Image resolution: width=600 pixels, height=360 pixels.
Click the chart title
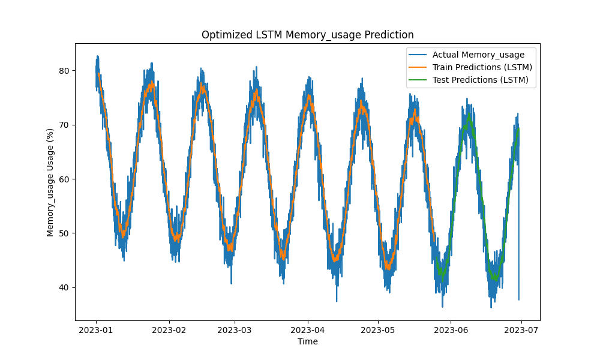pos(307,35)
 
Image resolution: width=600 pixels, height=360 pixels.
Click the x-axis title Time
pos(307,341)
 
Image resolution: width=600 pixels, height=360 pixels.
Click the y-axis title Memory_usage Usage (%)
pos(50,182)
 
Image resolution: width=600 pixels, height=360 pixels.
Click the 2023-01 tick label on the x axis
pos(96,329)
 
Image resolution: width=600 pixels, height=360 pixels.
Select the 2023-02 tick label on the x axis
pos(169,329)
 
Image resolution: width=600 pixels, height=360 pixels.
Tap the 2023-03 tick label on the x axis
pos(235,329)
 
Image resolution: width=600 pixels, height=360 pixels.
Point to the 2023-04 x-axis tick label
pos(308,329)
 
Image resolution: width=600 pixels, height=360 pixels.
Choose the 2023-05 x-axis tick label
pos(379,329)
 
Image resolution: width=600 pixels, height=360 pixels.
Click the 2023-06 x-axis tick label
pos(451,329)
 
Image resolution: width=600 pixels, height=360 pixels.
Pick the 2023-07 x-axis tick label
pos(521,329)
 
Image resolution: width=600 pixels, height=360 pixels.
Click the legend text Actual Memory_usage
pos(478,55)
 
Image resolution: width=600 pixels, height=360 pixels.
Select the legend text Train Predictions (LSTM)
pos(482,67)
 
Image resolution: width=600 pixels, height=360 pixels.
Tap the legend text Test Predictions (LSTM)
pos(481,80)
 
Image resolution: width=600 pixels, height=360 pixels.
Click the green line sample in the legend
pos(418,80)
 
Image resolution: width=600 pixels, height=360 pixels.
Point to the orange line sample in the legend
pos(418,67)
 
